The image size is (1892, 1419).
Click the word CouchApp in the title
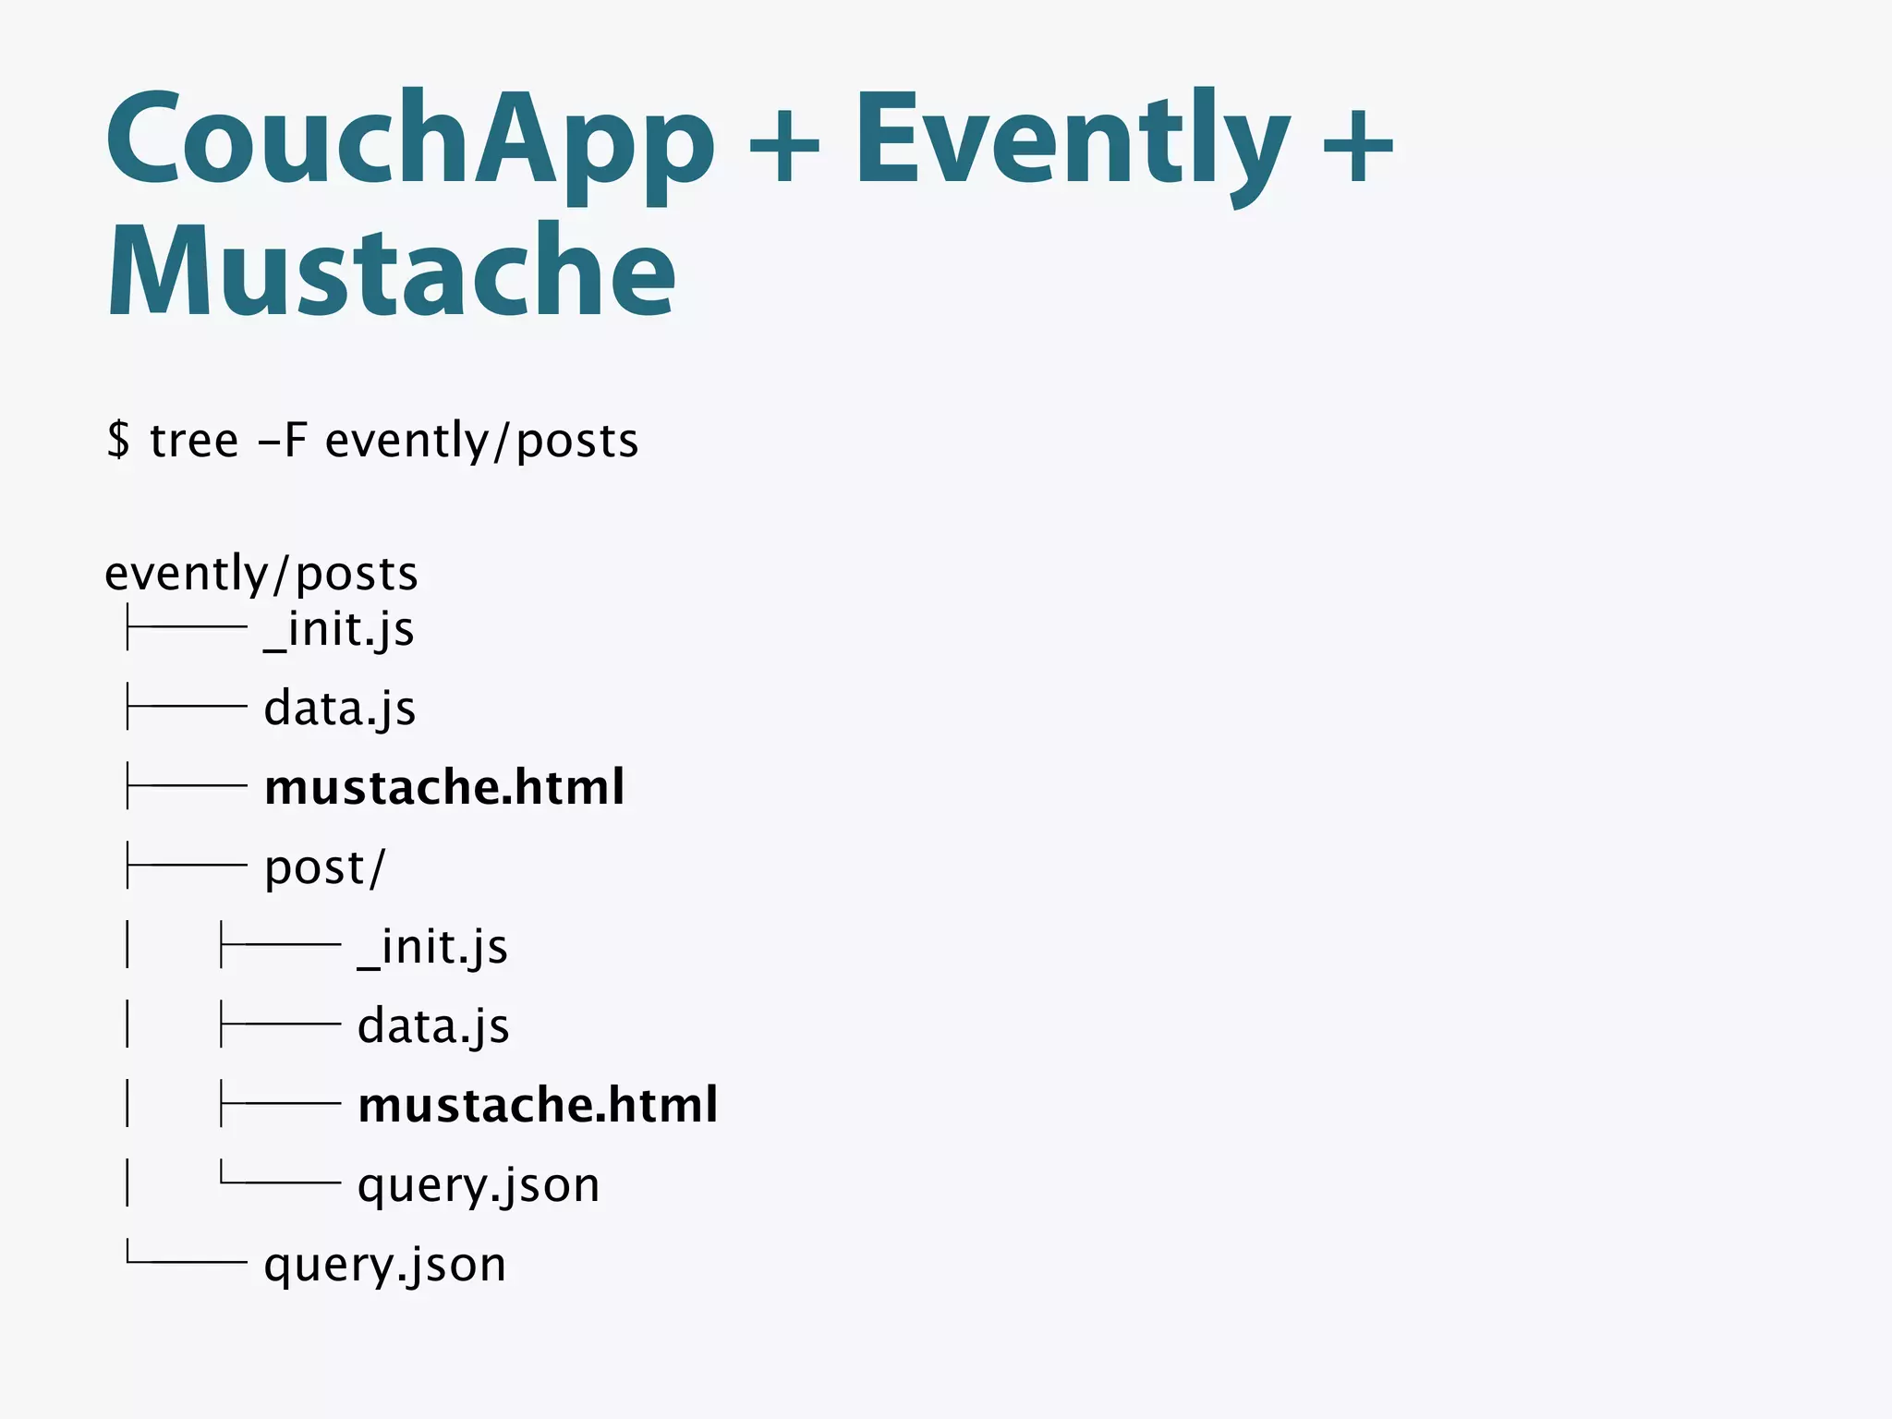[x=410, y=140]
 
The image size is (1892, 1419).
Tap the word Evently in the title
[x=1072, y=140]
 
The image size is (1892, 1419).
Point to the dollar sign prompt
[x=118, y=440]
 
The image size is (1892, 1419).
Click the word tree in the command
[x=194, y=440]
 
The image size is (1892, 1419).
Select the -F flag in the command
[x=283, y=440]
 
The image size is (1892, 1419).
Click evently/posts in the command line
[x=481, y=440]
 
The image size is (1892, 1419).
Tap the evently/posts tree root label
[x=261, y=574]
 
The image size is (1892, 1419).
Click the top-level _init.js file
[x=339, y=630]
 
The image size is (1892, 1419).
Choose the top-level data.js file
[x=340, y=709]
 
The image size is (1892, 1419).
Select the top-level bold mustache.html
[x=444, y=787]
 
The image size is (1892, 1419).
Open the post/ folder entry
[x=324, y=867]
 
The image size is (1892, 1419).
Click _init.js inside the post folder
[x=432, y=947]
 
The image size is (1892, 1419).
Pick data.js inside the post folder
[x=433, y=1026]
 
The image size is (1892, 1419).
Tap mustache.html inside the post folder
[x=538, y=1105]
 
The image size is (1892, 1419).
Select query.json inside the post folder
[x=479, y=1185]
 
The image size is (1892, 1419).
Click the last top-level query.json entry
[x=385, y=1265]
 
